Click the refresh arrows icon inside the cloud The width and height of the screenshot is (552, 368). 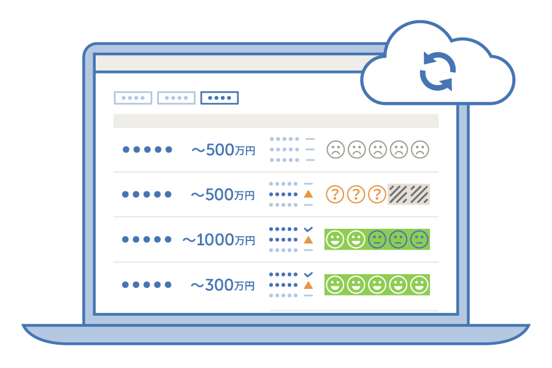[437, 71]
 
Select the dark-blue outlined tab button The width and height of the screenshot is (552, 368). [220, 98]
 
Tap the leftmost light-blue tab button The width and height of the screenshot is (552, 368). [133, 98]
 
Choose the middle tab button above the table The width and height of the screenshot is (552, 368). [176, 98]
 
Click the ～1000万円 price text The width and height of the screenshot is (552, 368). [218, 240]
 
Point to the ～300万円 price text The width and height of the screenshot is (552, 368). [222, 285]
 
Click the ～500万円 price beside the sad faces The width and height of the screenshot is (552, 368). [223, 150]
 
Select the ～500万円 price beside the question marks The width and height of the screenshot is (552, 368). [223, 195]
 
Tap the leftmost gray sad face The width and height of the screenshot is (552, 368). [335, 150]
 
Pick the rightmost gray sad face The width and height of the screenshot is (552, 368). [420, 150]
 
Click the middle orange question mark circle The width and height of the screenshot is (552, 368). [356, 194]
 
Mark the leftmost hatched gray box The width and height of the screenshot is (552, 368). [398, 194]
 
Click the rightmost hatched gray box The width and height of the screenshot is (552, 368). [420, 194]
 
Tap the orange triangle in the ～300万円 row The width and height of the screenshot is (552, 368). [309, 285]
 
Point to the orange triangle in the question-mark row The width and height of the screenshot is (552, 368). [309, 194]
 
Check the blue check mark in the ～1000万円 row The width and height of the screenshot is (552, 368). [309, 229]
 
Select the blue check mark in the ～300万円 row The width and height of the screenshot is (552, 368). [309, 274]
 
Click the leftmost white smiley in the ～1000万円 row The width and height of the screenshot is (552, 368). [335, 239]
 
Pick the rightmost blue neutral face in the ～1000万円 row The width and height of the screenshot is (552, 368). [419, 239]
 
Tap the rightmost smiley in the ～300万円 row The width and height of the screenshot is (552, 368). [419, 285]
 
